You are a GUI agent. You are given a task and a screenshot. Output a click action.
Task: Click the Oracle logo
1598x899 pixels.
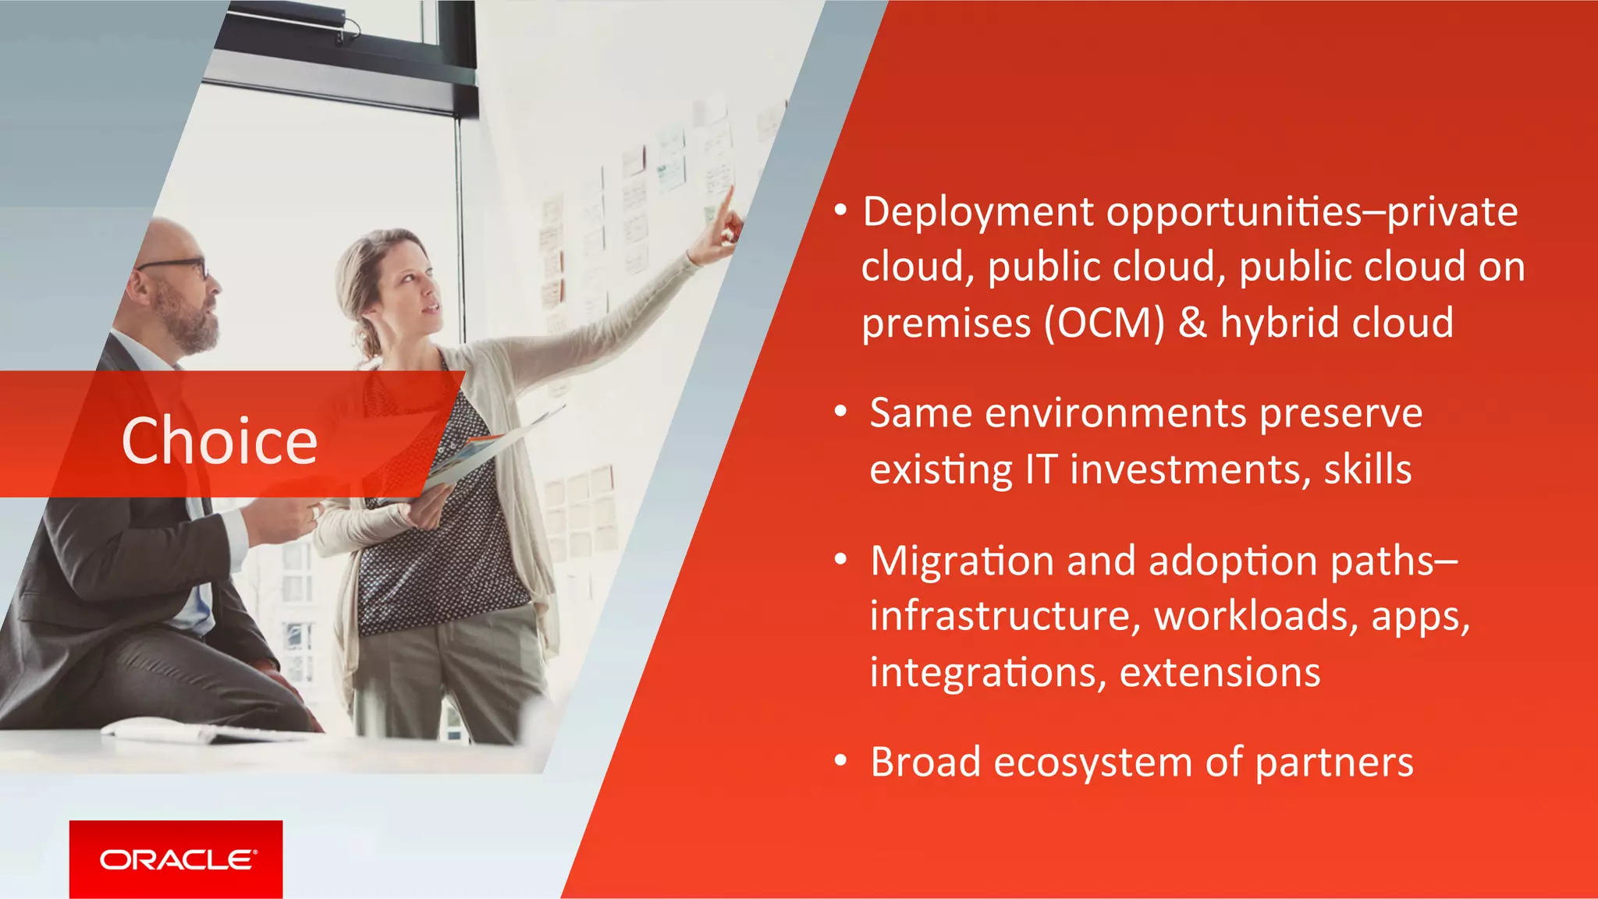pyautogui.click(x=176, y=859)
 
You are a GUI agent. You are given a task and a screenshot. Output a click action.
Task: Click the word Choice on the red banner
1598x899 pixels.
pyautogui.click(x=219, y=441)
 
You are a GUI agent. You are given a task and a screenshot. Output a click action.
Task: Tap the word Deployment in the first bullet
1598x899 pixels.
pyautogui.click(x=978, y=213)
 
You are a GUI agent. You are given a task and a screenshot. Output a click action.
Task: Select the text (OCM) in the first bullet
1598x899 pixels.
pyautogui.click(x=1104, y=324)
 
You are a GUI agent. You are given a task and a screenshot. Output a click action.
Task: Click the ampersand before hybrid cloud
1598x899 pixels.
pyautogui.click(x=1191, y=323)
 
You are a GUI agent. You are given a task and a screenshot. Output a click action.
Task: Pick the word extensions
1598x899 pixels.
pyautogui.click(x=1220, y=672)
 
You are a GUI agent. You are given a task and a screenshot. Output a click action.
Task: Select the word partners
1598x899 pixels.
pyautogui.click(x=1334, y=763)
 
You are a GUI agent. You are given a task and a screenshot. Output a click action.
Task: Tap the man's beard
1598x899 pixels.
pyautogui.click(x=191, y=324)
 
